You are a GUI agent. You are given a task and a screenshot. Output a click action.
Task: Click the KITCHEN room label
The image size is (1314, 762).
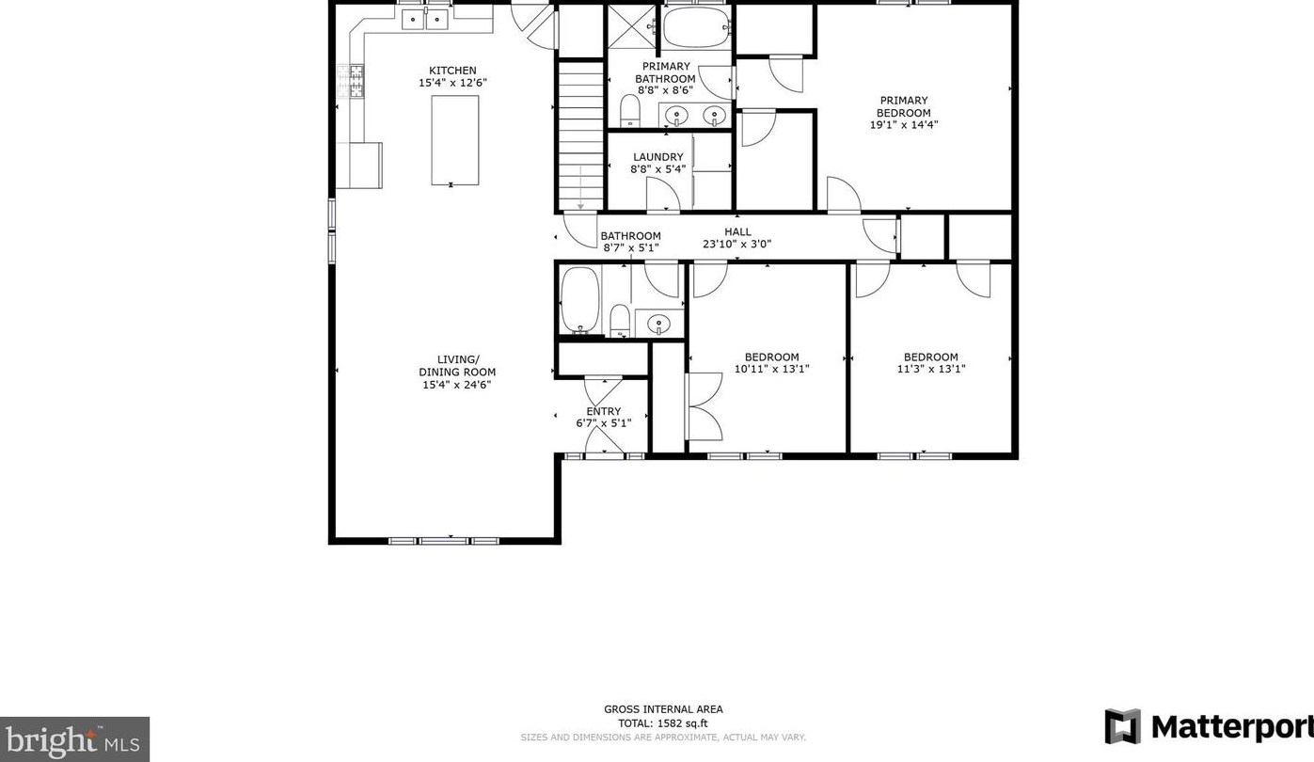[x=452, y=71]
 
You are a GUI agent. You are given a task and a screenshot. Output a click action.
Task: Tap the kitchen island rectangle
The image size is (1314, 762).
[x=454, y=141]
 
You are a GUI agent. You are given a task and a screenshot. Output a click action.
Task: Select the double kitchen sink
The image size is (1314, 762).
[x=425, y=19]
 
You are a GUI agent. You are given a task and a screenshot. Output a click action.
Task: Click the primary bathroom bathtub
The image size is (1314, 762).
[x=696, y=27]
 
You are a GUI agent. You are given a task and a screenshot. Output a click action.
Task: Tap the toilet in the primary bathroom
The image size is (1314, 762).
[x=630, y=111]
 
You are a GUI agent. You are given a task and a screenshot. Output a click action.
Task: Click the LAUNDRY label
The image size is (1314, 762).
[x=658, y=156]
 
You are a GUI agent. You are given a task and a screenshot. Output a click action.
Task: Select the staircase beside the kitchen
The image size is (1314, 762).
[x=580, y=135]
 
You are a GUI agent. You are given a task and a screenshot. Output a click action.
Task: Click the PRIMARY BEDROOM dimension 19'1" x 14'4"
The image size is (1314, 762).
[x=904, y=124]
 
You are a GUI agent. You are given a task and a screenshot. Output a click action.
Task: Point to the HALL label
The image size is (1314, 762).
[x=737, y=231]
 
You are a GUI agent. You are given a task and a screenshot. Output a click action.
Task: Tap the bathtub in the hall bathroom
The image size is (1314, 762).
[x=580, y=301]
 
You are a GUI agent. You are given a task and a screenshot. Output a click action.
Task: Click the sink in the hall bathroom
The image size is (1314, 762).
[x=659, y=324]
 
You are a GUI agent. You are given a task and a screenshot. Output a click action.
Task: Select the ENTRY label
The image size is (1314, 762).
[x=604, y=411]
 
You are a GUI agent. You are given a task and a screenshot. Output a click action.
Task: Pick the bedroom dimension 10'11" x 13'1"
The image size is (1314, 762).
[x=772, y=369]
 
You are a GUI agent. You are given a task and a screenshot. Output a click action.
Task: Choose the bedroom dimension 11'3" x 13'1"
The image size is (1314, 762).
[x=931, y=369]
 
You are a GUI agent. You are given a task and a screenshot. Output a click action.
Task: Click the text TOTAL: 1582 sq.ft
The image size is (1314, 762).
[x=663, y=723]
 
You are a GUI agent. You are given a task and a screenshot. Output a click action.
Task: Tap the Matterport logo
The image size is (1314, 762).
[x=1209, y=726]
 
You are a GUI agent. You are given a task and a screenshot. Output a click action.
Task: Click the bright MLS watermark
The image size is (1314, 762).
[x=74, y=739]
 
